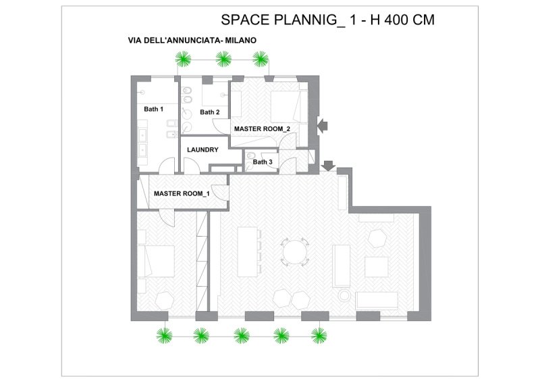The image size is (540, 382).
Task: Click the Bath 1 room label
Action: [153, 109]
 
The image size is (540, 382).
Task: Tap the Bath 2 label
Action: [209, 112]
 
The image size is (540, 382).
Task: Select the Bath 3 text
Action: [263, 162]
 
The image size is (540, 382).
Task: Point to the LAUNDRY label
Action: [202, 150]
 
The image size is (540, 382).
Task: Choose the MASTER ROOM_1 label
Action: [181, 194]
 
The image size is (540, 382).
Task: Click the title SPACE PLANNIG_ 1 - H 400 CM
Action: [327, 20]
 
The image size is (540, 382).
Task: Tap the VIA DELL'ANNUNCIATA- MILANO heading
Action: [192, 41]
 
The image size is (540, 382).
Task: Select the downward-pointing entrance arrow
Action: [329, 166]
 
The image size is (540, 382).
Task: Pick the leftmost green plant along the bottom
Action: [164, 334]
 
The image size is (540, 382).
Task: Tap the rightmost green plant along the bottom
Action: [319, 334]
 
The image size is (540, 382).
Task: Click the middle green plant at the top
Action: [223, 59]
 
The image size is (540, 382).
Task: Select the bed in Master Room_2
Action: [288, 105]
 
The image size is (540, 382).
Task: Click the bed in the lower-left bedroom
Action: [157, 260]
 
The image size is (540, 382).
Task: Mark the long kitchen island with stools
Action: [249, 251]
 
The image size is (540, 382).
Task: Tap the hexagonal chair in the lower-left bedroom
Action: [164, 300]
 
